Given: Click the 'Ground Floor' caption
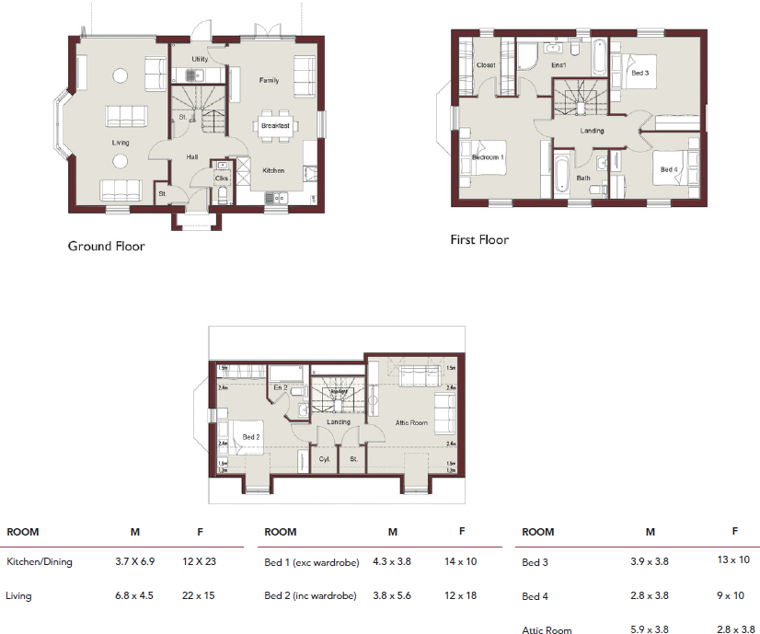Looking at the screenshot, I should pyautogui.click(x=106, y=246).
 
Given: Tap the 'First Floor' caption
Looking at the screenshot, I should pyautogui.click(x=478, y=240).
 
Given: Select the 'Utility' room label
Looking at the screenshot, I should pyautogui.click(x=200, y=59).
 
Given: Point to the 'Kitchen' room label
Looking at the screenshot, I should pyautogui.click(x=273, y=170).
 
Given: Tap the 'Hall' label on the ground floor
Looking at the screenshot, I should pyautogui.click(x=192, y=157).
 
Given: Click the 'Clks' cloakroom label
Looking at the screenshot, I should pyautogui.click(x=222, y=178).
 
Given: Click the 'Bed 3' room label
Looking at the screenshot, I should pyautogui.click(x=639, y=72).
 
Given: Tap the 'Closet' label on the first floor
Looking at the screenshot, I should pyautogui.click(x=485, y=65).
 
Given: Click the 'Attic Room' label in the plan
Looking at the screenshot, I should pyautogui.click(x=412, y=422).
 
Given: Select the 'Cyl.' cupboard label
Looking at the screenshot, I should pyautogui.click(x=324, y=457).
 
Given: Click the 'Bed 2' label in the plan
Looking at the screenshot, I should pyautogui.click(x=250, y=437).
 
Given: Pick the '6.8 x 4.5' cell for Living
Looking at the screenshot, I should pyautogui.click(x=134, y=595).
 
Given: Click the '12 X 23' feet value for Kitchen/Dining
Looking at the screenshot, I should pyautogui.click(x=199, y=560).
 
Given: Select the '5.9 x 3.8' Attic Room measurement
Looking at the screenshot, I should pyautogui.click(x=650, y=630).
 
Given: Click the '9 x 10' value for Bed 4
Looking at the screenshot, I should pyautogui.click(x=733, y=595).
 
